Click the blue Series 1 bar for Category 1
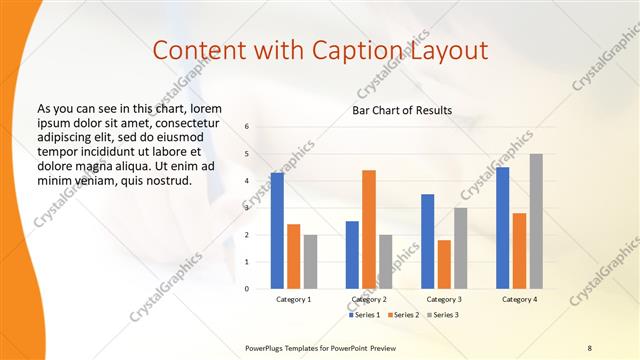point(277,230)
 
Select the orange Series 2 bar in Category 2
point(369,229)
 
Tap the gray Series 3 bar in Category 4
point(536,221)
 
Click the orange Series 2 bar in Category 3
point(444,264)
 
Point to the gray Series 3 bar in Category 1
point(310,261)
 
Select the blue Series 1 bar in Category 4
point(503,227)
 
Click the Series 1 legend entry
point(366,315)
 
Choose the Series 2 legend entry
point(404,315)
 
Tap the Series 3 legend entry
point(442,315)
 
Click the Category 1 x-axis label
point(294,299)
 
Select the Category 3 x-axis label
point(444,299)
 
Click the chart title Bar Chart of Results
point(402,110)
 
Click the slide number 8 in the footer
point(589,347)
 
